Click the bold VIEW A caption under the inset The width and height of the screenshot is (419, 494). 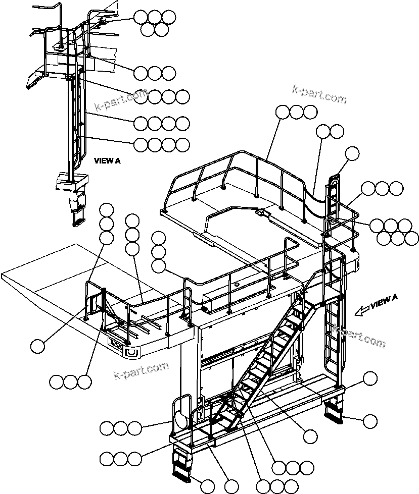[107, 161]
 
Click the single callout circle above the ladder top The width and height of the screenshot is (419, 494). [352, 153]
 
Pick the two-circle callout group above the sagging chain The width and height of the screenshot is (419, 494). [330, 132]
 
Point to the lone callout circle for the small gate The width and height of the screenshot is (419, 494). [37, 346]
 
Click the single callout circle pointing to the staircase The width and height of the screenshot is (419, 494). [310, 435]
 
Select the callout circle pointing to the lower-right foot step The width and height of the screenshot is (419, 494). [370, 421]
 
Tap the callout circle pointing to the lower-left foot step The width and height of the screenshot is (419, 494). [207, 486]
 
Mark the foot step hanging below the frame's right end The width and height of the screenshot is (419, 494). [334, 409]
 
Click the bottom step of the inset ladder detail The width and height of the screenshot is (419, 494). [79, 220]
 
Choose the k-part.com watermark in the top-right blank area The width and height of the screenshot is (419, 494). [319, 94]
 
